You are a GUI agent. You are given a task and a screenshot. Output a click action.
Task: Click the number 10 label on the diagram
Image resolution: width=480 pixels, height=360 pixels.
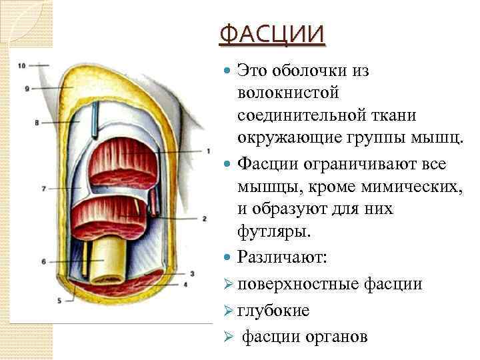click(x=22, y=65)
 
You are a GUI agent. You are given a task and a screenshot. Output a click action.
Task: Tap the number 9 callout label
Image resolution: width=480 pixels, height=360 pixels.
click(x=27, y=89)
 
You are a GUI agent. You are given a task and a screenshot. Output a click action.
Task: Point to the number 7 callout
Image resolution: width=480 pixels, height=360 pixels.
click(x=43, y=189)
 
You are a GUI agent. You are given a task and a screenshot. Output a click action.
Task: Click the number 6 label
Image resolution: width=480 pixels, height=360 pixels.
click(x=43, y=262)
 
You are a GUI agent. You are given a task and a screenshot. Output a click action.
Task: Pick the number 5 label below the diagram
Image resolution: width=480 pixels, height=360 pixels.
click(x=59, y=301)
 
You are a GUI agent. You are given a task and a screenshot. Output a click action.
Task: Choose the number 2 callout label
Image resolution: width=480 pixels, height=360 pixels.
click(x=204, y=218)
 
